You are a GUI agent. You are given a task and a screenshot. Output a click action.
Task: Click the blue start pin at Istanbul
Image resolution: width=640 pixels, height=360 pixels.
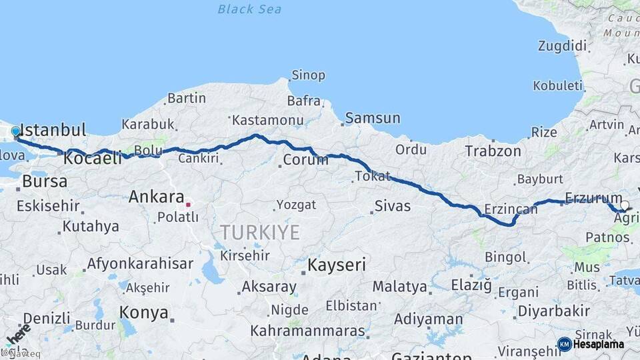15,131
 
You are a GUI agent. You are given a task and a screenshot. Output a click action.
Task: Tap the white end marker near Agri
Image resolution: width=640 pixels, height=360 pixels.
625,205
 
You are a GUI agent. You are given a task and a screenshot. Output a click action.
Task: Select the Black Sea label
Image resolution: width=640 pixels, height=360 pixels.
249,9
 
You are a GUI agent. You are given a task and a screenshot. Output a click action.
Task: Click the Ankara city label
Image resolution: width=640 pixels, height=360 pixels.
156,197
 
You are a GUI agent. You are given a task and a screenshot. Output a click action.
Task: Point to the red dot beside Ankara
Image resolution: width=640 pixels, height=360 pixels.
189,205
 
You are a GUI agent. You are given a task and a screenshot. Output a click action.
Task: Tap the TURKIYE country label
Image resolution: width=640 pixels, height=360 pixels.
260,232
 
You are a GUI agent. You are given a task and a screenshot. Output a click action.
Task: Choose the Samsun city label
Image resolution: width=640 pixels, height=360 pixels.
373,119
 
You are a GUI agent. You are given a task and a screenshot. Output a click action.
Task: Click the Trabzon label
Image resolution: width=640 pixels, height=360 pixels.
493,151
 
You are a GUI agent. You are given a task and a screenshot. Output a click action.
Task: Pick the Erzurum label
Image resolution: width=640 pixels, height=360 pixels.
593,197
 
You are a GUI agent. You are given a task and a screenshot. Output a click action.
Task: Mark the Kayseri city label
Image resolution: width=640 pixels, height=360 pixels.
336,265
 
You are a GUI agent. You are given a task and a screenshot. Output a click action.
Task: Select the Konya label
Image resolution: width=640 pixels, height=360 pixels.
143,312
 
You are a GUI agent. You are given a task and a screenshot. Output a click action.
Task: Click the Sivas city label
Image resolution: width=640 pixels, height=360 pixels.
393,206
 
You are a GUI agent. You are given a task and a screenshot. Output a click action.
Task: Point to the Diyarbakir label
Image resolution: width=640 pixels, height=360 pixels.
554,311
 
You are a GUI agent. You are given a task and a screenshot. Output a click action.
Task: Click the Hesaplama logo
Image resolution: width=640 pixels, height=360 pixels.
591,344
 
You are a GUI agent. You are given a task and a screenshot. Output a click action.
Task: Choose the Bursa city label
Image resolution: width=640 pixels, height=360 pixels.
45,181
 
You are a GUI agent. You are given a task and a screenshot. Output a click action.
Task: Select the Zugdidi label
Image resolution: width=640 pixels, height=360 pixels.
563,46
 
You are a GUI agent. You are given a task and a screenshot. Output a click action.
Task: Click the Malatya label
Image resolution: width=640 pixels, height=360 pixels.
399,287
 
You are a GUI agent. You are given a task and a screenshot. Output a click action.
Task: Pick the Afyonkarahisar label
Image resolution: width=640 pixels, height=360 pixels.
140,263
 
